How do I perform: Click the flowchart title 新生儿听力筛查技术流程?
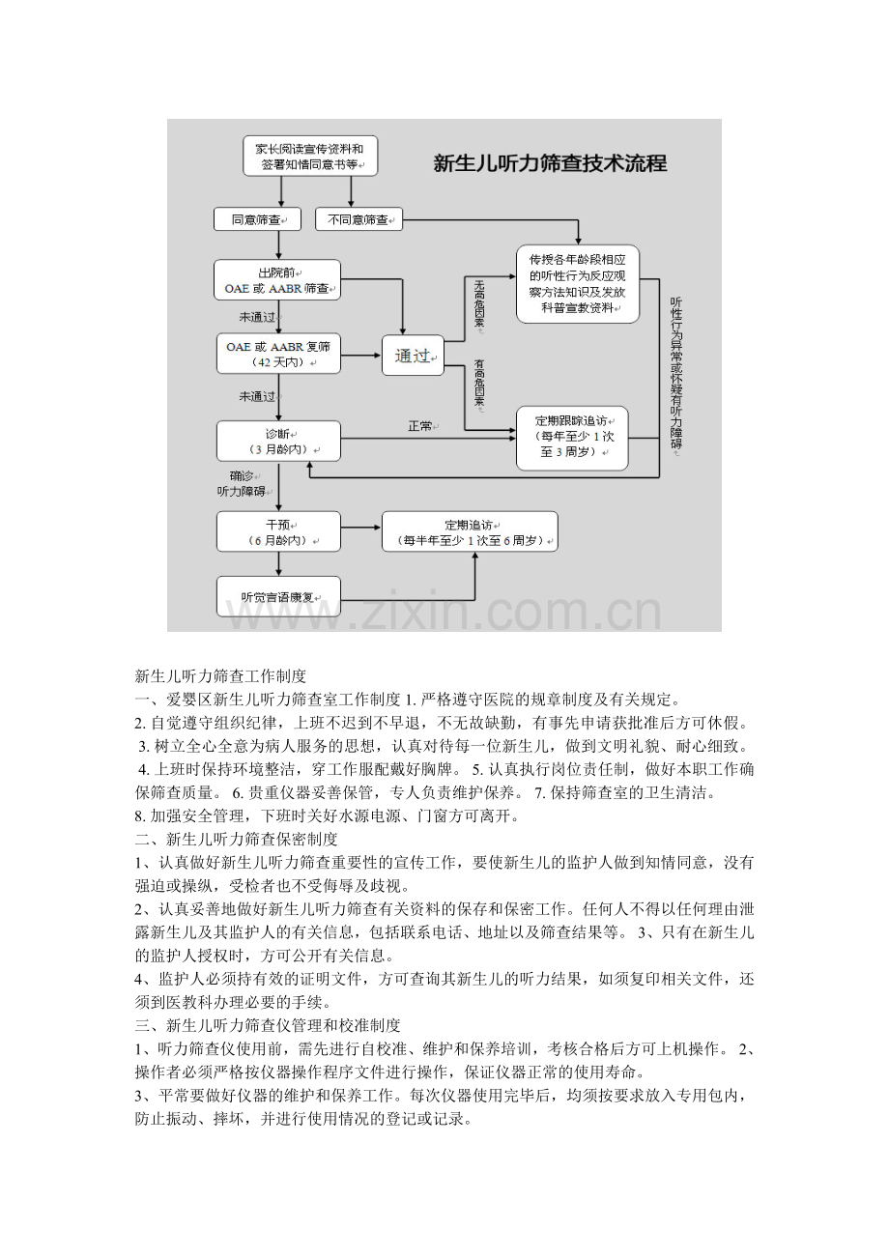[550, 163]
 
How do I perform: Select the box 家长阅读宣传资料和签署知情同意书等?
[310, 157]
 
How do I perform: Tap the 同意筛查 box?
[257, 219]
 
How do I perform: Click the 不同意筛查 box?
[358, 219]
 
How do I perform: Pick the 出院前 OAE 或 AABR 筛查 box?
[277, 279]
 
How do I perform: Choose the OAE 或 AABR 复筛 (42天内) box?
[278, 354]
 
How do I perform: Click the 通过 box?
[413, 356]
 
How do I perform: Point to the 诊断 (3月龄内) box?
[278, 442]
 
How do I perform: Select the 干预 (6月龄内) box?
[278, 531]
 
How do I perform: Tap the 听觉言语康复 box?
[278, 596]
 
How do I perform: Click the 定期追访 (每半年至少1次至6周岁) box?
[470, 531]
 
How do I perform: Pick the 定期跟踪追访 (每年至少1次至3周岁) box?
[572, 438]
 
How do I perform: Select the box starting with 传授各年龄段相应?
[578, 284]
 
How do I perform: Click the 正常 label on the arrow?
[420, 426]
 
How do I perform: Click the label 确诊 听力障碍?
[242, 483]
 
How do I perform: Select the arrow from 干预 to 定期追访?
[361, 528]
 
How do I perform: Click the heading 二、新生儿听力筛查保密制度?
[236, 840]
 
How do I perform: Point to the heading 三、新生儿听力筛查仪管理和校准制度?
[268, 1026]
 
